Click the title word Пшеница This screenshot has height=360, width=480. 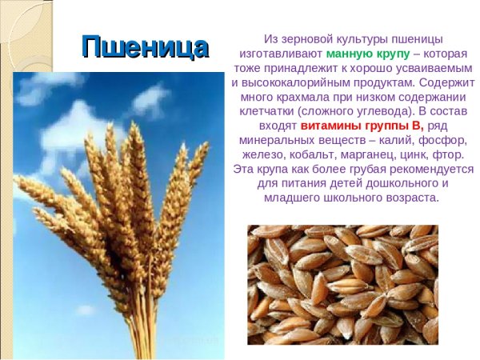pos(145,47)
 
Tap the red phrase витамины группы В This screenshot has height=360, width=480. pos(362,126)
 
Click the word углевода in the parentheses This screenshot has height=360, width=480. pos(408,111)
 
